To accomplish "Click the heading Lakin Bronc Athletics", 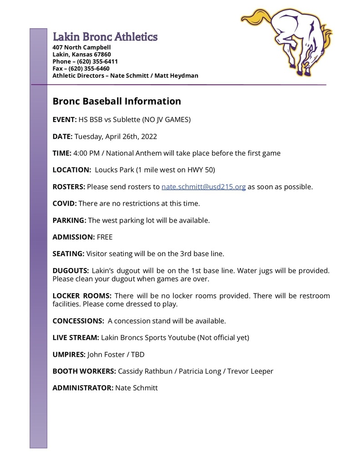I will [x=105, y=37].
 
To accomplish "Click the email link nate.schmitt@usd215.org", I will [x=203, y=187].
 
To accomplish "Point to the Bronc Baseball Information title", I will [x=117, y=101].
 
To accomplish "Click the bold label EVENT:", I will [x=64, y=120].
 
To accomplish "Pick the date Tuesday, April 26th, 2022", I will [x=116, y=137].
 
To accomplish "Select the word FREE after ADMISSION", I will [x=105, y=237].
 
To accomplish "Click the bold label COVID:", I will [x=65, y=203].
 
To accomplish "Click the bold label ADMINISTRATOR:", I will [x=83, y=388].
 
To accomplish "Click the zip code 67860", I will [x=101, y=55].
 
